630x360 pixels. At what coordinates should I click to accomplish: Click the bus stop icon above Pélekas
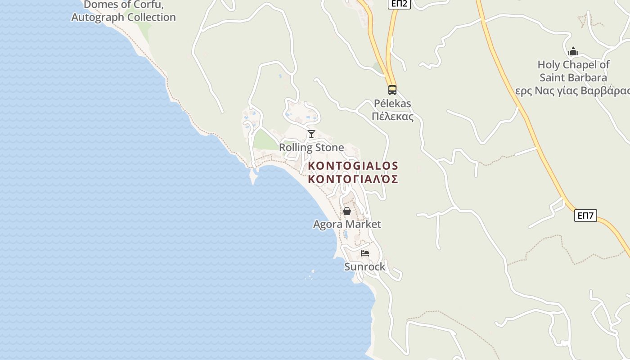coord(392,90)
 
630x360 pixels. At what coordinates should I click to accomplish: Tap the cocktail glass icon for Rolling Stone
coord(311,134)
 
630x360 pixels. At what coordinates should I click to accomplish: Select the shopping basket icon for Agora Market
coord(347,211)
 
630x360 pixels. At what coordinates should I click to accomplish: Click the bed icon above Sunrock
coord(365,253)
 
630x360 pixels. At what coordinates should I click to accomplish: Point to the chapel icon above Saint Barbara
coord(573,51)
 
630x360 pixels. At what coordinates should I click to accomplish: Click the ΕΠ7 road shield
coord(585,216)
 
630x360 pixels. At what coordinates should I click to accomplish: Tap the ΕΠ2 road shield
coord(399,4)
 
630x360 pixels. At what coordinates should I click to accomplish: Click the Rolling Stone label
coord(311,148)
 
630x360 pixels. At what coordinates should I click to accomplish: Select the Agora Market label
coord(347,224)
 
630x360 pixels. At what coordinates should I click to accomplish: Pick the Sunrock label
coord(365,267)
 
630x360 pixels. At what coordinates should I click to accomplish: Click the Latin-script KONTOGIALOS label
coord(353,166)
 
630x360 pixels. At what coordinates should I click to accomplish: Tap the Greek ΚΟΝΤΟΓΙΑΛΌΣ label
coord(353,179)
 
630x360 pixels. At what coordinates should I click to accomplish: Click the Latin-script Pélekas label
coord(392,103)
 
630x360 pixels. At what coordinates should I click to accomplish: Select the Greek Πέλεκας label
coord(392,117)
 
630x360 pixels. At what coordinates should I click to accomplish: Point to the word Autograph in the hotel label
coord(97,18)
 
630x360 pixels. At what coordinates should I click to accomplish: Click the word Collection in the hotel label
coord(151,18)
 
